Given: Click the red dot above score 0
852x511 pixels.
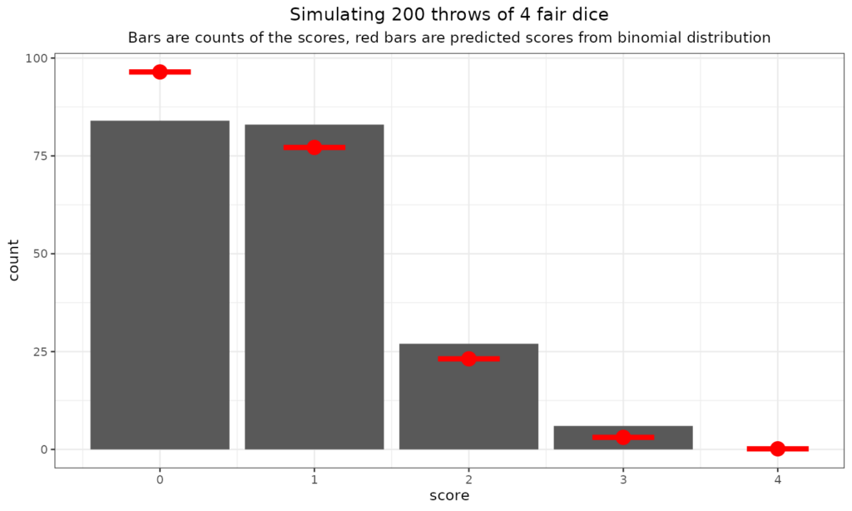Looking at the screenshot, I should click(x=160, y=72).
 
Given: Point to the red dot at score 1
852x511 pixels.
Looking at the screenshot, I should click(x=315, y=147).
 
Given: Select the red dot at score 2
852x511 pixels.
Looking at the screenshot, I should click(x=468, y=359).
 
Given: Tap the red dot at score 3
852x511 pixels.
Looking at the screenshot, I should click(x=623, y=437).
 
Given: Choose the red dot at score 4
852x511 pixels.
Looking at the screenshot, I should click(x=778, y=449).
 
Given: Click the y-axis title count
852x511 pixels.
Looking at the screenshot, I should click(x=14, y=260).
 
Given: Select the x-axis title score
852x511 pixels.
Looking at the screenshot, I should click(x=449, y=497).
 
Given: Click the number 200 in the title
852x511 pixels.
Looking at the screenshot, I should click(x=374, y=15).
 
